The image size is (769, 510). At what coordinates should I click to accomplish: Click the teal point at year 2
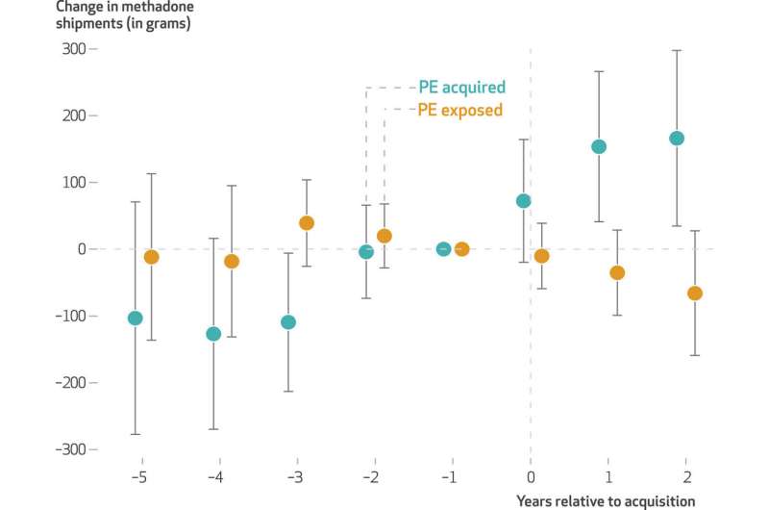point(677,139)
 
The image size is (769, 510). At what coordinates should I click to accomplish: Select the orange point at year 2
point(695,293)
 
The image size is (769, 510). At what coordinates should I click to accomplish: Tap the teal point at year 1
point(599,147)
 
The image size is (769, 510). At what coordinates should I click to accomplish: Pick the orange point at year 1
point(617,273)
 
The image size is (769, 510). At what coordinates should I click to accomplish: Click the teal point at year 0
point(524,201)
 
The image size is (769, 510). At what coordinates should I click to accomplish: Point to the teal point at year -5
point(136,319)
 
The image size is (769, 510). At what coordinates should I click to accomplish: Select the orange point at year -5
point(151,257)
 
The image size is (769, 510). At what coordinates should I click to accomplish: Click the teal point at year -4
point(213,334)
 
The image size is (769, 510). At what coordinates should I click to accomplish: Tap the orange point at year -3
point(307,223)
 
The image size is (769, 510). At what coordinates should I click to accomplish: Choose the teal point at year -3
point(288,322)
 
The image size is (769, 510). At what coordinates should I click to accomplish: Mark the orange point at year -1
point(461,249)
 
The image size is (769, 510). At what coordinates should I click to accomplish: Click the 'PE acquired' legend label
point(461,88)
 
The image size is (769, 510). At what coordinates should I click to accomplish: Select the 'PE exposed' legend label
point(459,110)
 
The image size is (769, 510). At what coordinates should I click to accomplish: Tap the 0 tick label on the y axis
point(81,249)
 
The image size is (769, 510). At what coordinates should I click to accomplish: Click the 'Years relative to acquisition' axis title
point(605,500)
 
